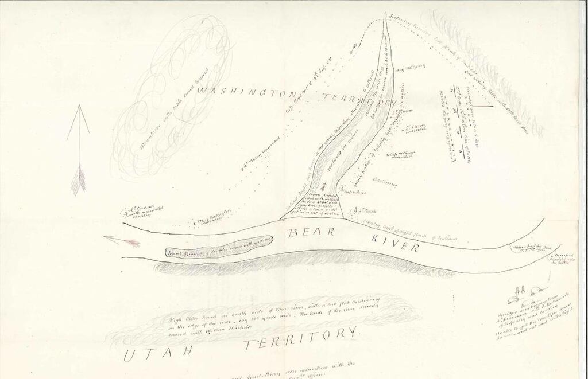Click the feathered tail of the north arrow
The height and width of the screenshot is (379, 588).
pos(79,178)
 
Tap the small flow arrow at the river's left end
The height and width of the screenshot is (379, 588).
pos(122,241)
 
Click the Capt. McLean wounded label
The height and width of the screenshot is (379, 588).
pos(403,155)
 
